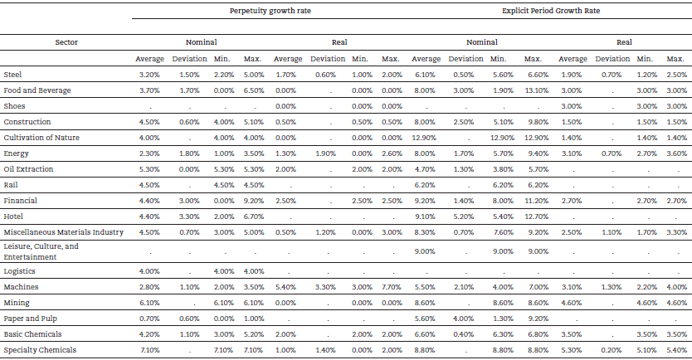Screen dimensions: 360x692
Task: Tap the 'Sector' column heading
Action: [x=66, y=41]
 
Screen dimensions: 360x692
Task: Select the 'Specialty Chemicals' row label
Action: [x=40, y=350]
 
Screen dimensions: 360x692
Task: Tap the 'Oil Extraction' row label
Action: [x=28, y=168]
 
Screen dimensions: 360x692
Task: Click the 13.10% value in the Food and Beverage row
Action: [x=534, y=90]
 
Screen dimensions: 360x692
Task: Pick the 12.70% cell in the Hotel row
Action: [x=534, y=216]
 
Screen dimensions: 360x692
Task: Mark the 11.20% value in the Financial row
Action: [x=534, y=200]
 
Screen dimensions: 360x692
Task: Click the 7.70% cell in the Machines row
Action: [x=391, y=287]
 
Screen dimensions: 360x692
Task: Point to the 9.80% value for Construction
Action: [x=534, y=122]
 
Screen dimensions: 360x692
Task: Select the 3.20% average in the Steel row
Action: [x=149, y=75]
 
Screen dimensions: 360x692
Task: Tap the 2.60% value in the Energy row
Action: [x=391, y=153]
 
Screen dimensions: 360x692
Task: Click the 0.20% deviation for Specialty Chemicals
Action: [x=612, y=350]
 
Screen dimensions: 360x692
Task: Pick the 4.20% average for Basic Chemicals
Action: [x=149, y=334]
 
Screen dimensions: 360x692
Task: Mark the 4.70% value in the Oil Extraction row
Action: [x=426, y=168]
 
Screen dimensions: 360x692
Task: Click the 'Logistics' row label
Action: [x=20, y=271]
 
